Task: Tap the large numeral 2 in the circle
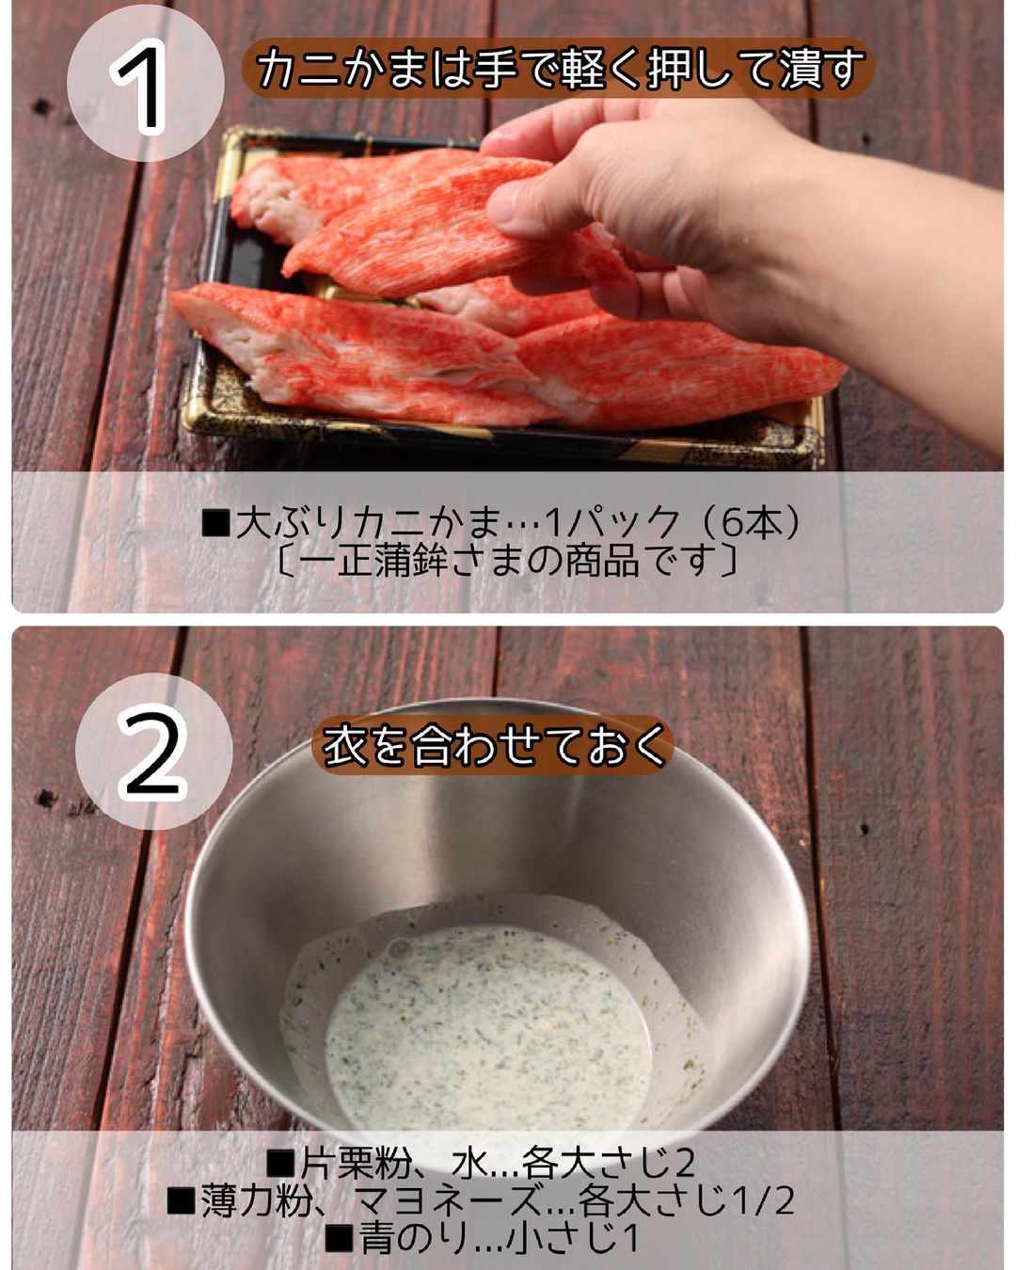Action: [151, 754]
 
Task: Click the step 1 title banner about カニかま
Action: [559, 68]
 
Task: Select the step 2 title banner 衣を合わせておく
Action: [493, 747]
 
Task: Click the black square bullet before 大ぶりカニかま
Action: [214, 524]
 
